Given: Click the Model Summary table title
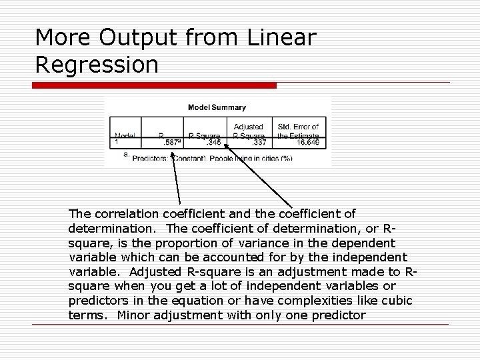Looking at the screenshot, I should [x=217, y=107].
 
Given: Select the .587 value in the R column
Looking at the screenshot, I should [x=169, y=142].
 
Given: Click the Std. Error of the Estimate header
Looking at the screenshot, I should [x=298, y=131].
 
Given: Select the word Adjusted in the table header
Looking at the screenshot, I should [x=248, y=126].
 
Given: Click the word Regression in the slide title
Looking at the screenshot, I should [x=97, y=65].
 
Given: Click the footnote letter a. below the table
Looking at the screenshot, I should [x=126, y=154].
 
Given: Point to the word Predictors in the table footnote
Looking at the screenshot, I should [x=149, y=159].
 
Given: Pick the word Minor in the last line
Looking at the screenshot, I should [x=133, y=315].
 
